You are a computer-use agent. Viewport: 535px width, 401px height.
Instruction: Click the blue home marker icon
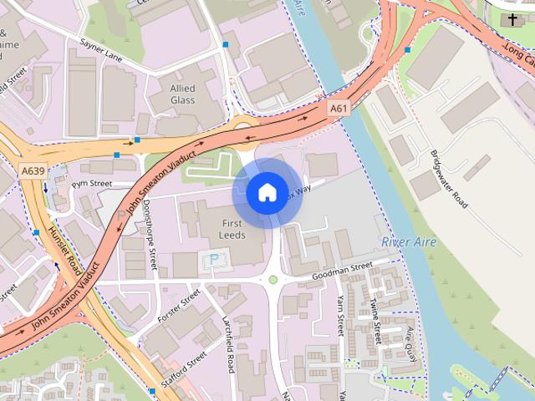[x=267, y=193]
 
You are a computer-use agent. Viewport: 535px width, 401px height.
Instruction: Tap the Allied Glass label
[x=182, y=94]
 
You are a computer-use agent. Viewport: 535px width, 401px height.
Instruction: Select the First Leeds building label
[x=232, y=230]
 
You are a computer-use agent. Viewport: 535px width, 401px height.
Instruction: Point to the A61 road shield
[x=338, y=109]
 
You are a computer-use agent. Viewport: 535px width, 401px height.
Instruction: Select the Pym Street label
[x=91, y=183]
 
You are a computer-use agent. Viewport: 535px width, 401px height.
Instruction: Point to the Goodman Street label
[x=341, y=271]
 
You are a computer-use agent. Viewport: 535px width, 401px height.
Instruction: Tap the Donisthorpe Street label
[x=148, y=232]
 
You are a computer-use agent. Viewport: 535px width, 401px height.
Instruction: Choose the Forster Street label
[x=179, y=306]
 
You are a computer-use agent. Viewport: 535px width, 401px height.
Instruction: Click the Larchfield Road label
[x=228, y=343]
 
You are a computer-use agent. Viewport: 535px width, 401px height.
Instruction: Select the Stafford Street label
[x=186, y=365]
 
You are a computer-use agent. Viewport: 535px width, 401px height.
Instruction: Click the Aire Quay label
[x=410, y=343]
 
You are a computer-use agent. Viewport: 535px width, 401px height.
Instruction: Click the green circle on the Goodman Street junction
[x=273, y=280]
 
